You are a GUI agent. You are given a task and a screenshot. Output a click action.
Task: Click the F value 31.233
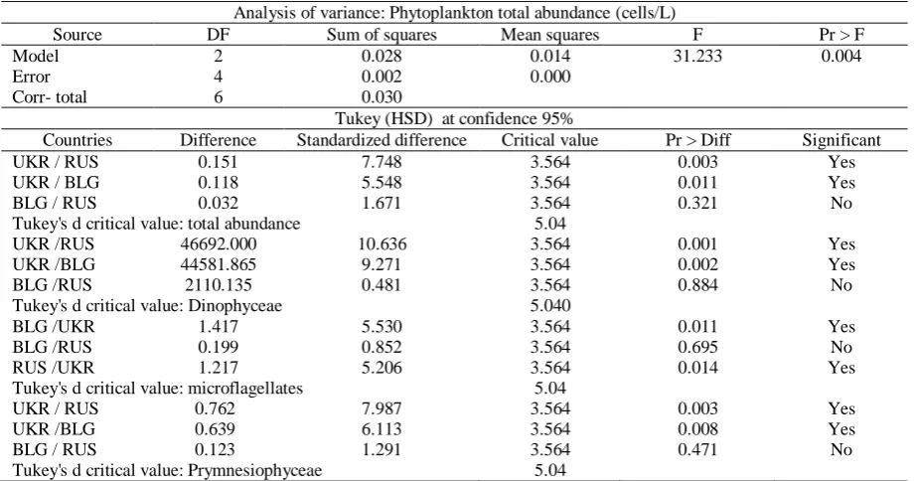pos(697,57)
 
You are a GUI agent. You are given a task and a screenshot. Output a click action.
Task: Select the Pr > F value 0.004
pos(841,57)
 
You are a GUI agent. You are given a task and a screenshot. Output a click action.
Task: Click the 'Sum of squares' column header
pos(382,35)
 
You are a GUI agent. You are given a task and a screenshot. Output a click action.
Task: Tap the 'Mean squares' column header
pos(549,35)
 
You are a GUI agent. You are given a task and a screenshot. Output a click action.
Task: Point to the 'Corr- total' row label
pos(50,97)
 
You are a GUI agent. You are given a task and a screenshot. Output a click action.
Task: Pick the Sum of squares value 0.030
pos(382,97)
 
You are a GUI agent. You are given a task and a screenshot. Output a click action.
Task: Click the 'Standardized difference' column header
pos(382,140)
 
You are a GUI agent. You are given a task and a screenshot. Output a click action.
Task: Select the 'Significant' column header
pos(841,140)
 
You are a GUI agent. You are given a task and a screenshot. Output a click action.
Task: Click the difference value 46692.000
pos(219,244)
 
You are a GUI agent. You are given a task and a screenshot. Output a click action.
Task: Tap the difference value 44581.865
pos(219,264)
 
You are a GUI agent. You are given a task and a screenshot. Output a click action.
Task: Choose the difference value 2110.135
pos(219,285)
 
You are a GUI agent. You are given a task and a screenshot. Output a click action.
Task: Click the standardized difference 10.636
pos(382,244)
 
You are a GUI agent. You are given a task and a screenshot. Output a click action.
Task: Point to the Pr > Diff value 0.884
pos(697,285)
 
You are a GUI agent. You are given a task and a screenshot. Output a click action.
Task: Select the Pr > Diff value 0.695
pos(697,347)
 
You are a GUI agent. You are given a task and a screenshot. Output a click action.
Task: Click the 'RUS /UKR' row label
pos(54,368)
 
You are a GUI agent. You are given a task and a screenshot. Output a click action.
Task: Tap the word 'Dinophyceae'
pos(234,305)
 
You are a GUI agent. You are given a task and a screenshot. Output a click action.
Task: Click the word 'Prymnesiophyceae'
pos(254,470)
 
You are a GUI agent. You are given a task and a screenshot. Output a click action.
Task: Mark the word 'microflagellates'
pos(245,388)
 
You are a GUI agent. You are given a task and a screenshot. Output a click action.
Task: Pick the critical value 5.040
pos(549,305)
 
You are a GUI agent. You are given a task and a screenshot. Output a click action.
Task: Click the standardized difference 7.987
pos(382,408)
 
